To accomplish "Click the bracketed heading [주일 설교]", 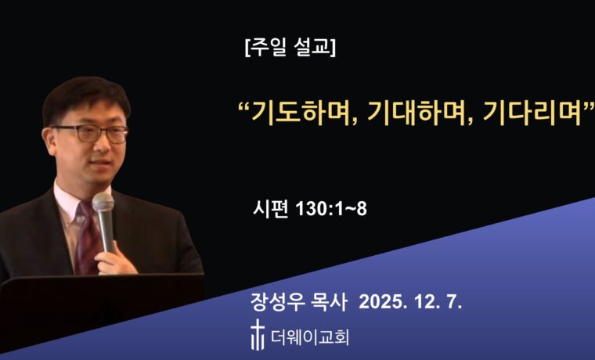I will (290, 48).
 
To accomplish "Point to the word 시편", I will (271, 209).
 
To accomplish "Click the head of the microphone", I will (103, 205).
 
